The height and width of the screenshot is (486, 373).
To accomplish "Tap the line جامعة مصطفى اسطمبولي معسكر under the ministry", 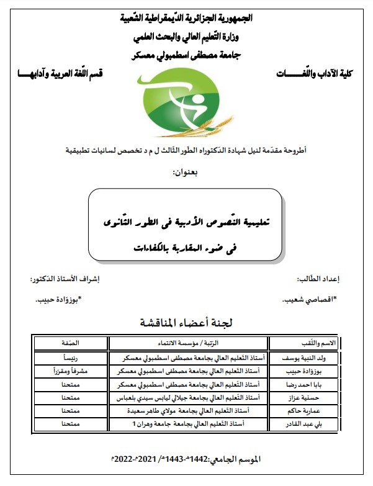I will click(x=186, y=54).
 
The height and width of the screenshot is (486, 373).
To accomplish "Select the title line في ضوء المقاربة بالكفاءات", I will click(x=186, y=247).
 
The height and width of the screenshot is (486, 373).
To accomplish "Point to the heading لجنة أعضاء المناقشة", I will click(x=186, y=323).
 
